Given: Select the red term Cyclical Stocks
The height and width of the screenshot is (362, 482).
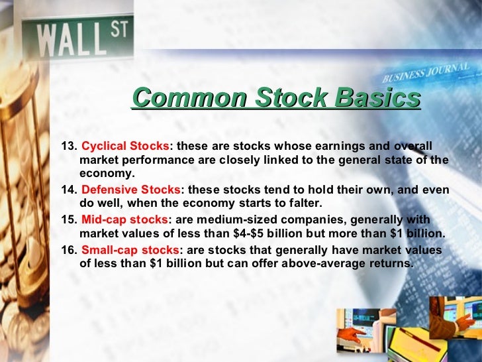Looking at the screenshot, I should (125, 146).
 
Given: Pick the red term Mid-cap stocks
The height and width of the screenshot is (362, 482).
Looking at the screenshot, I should (124, 219).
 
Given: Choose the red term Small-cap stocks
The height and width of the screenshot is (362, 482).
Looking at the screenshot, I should (130, 249).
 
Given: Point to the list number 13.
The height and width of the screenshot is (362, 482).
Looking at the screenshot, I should (69, 146).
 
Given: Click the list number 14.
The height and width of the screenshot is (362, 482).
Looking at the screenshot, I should (69, 190).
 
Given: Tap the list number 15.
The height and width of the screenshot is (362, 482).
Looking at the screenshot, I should (69, 219).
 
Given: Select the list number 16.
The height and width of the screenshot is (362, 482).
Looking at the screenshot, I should (69, 249).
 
